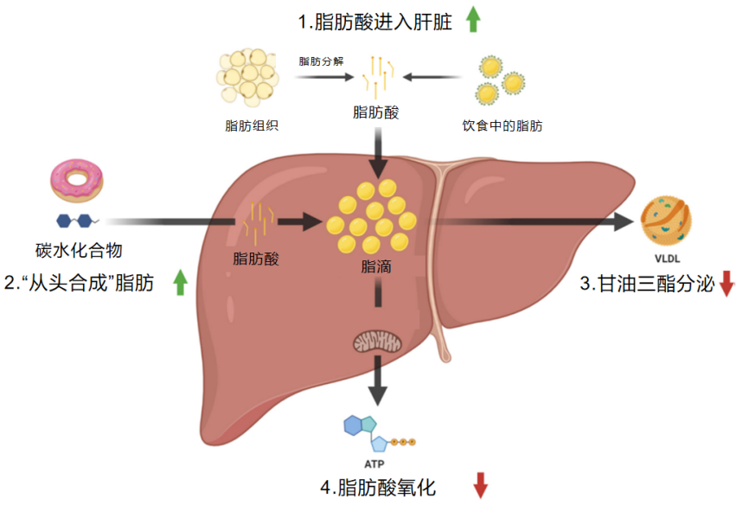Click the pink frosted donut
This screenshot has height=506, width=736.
[76, 181]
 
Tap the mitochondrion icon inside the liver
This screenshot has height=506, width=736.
[377, 342]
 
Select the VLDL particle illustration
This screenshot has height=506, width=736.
[666, 221]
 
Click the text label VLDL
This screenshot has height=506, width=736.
[667, 259]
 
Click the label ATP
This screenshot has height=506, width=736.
[374, 464]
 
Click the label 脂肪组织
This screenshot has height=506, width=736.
[252, 125]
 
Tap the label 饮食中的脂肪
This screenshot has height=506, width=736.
[502, 125]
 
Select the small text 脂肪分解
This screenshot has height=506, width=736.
[322, 61]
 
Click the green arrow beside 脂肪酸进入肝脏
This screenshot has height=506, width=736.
[473, 19]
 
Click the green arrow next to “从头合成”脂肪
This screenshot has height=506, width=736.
[180, 282]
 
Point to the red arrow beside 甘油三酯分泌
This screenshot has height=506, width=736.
[726, 284]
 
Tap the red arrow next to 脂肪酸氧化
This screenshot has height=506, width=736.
[480, 485]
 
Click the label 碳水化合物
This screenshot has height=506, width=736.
[79, 251]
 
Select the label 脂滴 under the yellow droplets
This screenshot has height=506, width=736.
[376, 266]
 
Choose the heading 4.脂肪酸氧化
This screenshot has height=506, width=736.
[378, 488]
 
